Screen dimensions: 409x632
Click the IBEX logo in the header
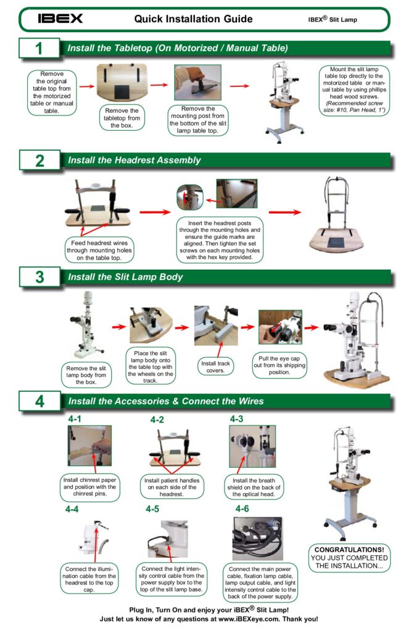(x=60, y=19)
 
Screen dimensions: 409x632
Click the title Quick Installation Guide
(x=194, y=19)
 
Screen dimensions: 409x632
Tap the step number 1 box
(x=39, y=48)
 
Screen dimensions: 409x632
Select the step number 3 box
(x=40, y=277)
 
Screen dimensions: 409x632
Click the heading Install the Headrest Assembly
(x=134, y=160)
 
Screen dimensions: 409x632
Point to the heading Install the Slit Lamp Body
(x=125, y=277)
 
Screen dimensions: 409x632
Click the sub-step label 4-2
(x=157, y=420)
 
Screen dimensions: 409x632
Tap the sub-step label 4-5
(x=152, y=509)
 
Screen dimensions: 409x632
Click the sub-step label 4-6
(x=242, y=509)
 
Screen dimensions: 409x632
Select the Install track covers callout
(x=215, y=367)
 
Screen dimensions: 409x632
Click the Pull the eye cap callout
(x=279, y=365)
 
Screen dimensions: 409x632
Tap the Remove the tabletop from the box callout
(x=122, y=118)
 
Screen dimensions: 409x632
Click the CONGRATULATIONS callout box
(x=349, y=558)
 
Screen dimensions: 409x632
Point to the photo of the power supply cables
(x=257, y=538)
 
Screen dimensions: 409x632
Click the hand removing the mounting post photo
(x=198, y=83)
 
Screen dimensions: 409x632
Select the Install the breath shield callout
(x=254, y=488)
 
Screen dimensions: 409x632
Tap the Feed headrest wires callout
(x=99, y=251)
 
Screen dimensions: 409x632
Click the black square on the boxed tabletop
(x=122, y=93)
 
